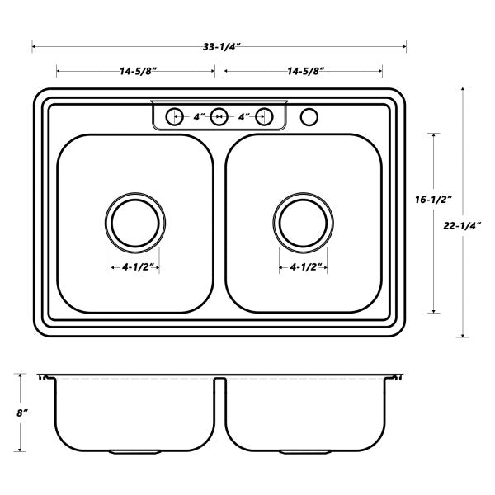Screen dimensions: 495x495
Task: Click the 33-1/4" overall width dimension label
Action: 219,47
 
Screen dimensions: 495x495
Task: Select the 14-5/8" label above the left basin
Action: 138,72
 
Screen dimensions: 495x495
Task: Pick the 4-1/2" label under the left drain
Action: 135,267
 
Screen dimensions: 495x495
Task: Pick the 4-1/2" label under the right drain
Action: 304,267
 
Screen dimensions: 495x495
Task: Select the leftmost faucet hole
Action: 174,116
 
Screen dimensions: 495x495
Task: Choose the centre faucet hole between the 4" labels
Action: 219,116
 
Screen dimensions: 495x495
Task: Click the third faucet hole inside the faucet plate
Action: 264,116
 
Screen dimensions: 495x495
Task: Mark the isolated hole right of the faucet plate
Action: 309,116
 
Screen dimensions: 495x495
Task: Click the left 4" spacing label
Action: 198,117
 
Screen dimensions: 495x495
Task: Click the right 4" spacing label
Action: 243,117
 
